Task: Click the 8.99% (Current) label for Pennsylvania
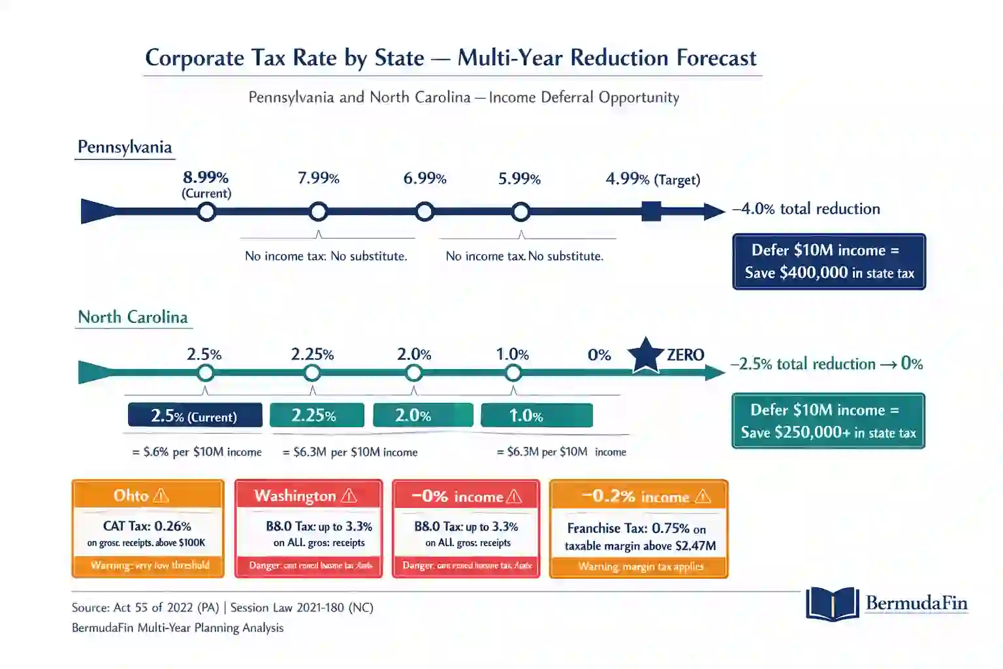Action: click(206, 184)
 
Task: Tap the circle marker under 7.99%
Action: click(319, 212)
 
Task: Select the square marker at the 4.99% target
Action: click(651, 212)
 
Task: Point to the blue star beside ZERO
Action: click(646, 355)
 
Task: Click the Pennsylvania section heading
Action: click(125, 147)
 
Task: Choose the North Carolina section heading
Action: click(133, 317)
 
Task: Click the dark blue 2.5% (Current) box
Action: click(195, 416)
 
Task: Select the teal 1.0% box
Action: click(536, 416)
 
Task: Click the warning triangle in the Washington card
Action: click(349, 496)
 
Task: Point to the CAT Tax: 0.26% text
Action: click(147, 526)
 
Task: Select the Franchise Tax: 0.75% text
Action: click(636, 528)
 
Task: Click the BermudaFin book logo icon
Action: click(832, 604)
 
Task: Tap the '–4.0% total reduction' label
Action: click(806, 209)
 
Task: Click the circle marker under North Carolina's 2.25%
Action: click(312, 373)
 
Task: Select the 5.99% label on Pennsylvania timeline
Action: click(519, 179)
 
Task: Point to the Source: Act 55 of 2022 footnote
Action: click(222, 608)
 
